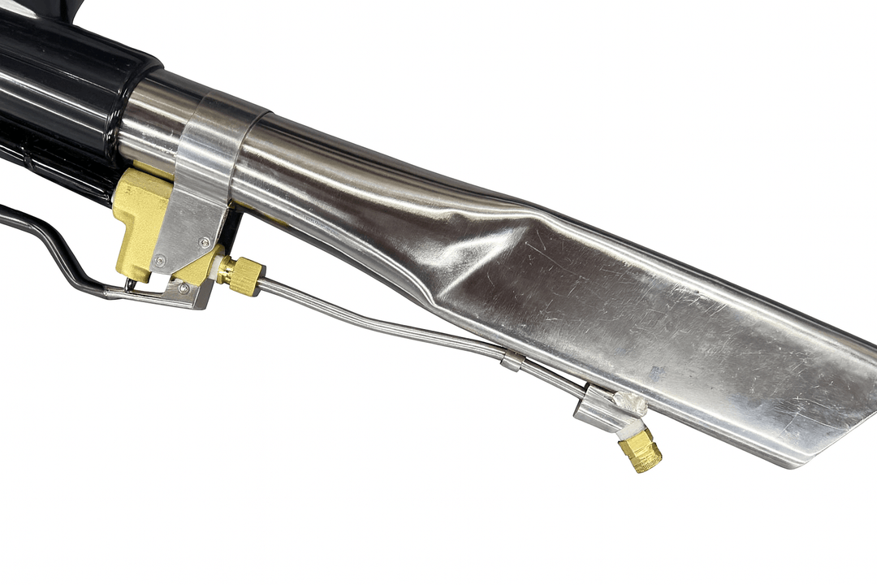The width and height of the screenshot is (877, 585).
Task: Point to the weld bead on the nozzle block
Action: [x=629, y=401]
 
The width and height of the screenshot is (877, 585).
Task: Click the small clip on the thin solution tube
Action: [x=512, y=361]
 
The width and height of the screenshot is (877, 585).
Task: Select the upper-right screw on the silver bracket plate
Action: [x=204, y=241]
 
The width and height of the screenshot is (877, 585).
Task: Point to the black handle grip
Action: [x=57, y=97]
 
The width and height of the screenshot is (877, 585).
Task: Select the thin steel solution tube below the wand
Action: [x=390, y=317]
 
